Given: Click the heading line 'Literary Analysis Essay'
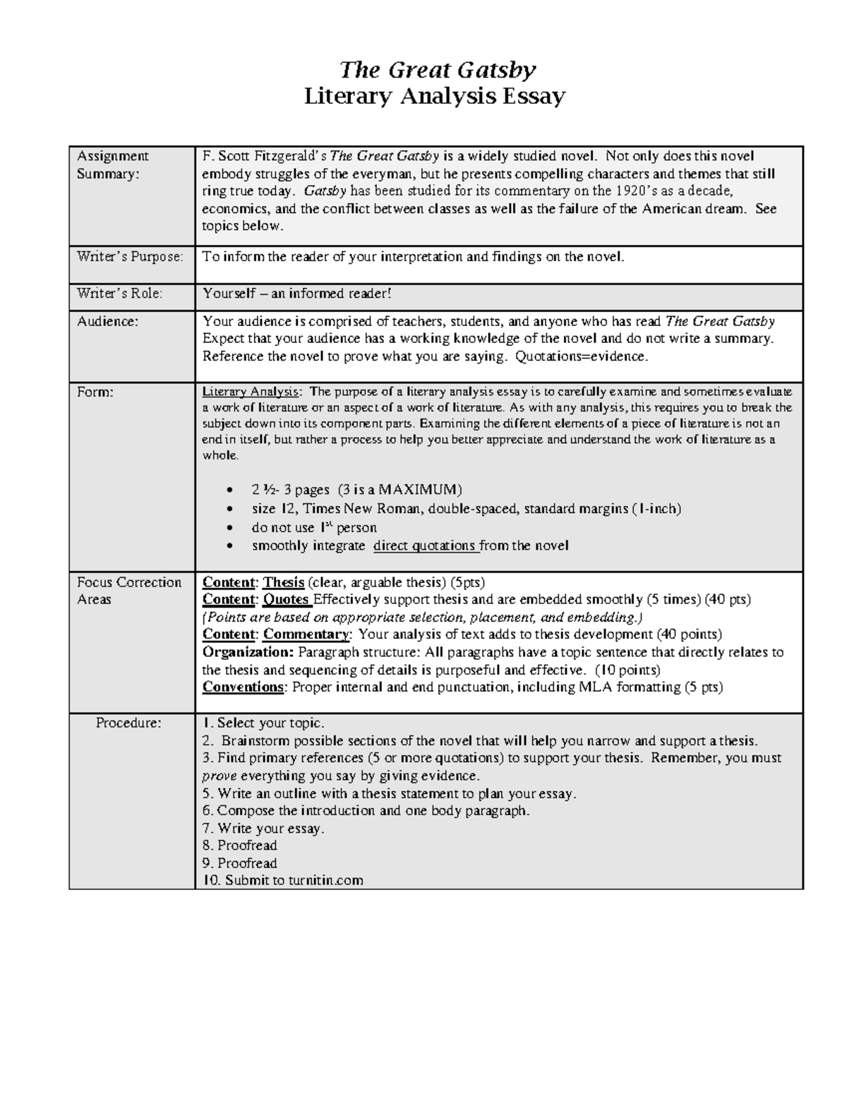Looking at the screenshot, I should (434, 96).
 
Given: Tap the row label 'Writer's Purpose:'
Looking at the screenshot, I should (129, 257).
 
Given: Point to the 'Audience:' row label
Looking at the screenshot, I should (107, 322).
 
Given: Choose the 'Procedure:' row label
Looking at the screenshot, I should (128, 723).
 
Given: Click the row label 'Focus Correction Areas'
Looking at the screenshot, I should (128, 591).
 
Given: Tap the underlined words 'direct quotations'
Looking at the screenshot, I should (424, 546).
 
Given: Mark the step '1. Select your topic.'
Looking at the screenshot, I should (263, 723).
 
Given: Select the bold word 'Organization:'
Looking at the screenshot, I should (248, 652).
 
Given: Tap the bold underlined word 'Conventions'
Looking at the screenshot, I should (243, 687).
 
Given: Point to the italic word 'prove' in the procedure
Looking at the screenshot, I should (216, 776).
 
